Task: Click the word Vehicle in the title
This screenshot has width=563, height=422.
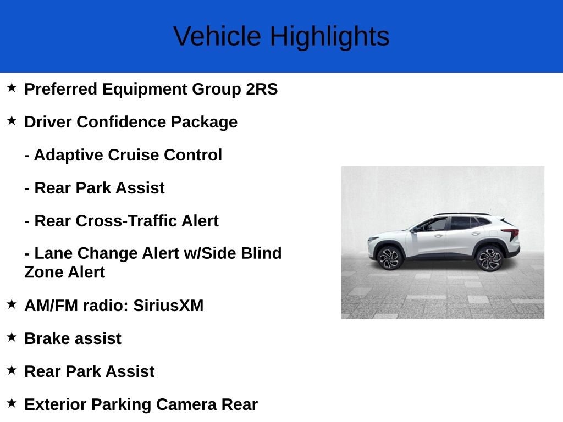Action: point(217,36)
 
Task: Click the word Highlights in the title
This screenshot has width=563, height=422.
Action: point(330,37)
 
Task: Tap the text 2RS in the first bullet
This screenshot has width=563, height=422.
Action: point(262,89)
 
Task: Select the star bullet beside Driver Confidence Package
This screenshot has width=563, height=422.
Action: point(12,120)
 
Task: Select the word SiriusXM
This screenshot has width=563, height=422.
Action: point(168,306)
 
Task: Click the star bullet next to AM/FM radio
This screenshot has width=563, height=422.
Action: point(12,304)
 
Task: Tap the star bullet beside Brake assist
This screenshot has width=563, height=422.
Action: point(12,337)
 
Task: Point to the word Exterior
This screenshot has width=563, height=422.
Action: point(56,405)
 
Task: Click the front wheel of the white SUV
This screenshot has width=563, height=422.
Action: point(389,258)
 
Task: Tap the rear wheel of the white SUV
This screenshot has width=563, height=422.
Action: point(489,259)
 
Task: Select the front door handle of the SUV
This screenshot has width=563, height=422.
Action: point(438,236)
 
